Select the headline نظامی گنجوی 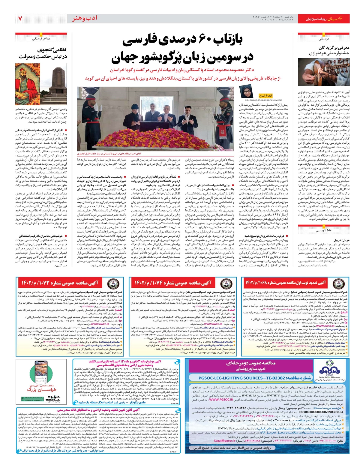(52, 50)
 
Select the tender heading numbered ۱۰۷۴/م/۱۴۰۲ (172, 283)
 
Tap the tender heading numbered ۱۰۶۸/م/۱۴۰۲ (286, 283)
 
